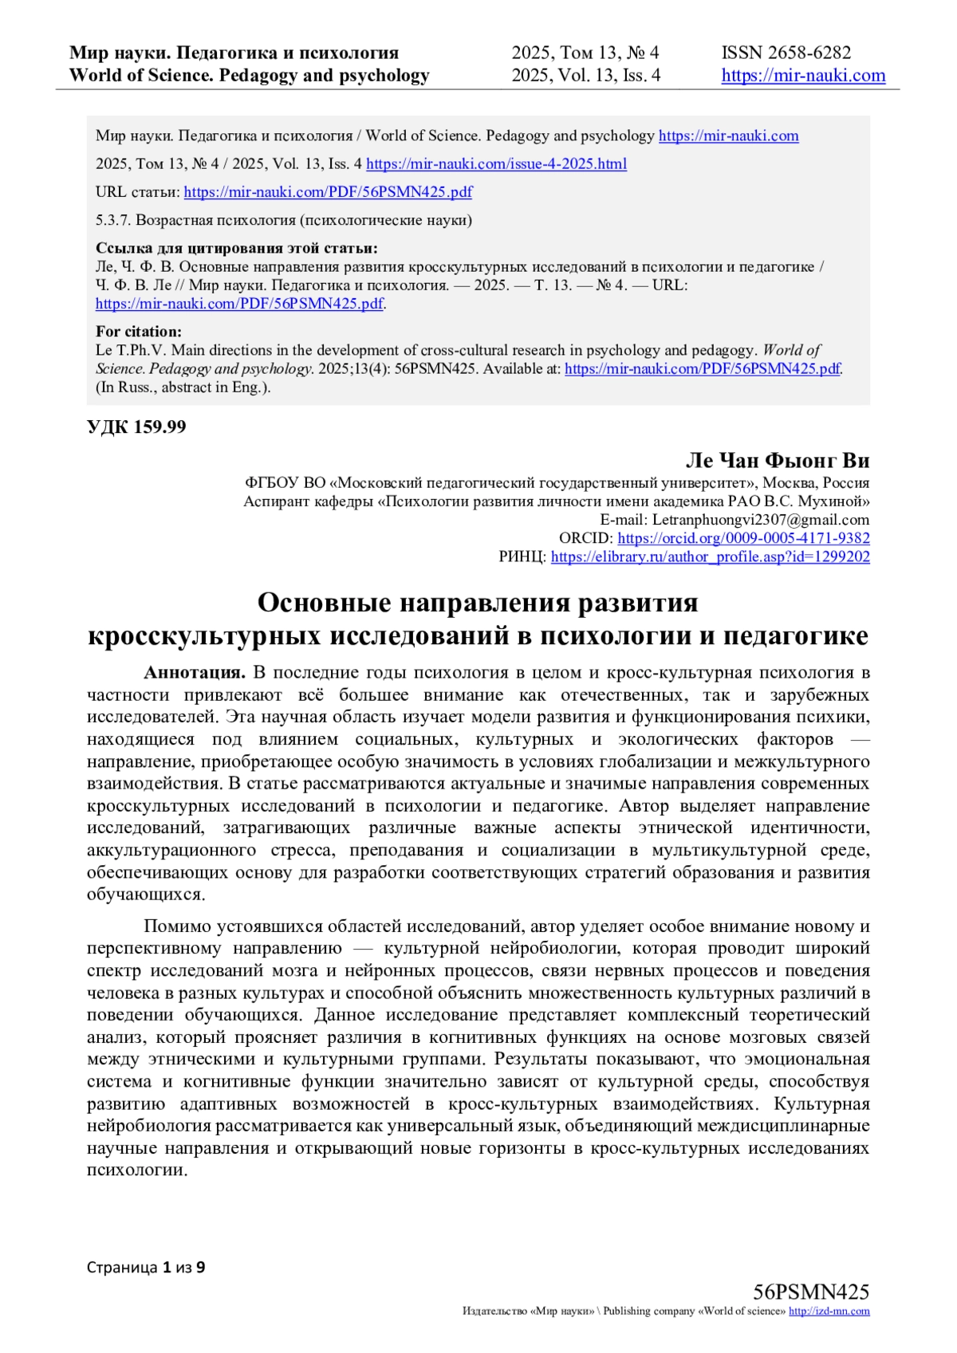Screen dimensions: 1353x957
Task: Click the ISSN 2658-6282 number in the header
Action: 786,53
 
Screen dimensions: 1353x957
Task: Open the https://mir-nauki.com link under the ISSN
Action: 803,76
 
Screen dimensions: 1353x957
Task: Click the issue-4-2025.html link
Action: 496,164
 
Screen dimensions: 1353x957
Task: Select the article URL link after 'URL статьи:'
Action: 328,192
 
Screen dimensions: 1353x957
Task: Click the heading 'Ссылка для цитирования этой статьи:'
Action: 237,248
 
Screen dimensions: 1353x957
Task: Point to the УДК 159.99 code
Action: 136,427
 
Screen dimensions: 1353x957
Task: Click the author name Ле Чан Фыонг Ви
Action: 777,461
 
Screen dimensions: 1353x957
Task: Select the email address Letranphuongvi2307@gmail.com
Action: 761,520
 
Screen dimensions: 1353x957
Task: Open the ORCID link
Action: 743,538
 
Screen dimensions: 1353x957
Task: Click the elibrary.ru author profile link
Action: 710,557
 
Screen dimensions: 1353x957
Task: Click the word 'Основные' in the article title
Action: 323,603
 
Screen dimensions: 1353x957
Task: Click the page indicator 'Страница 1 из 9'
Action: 146,1267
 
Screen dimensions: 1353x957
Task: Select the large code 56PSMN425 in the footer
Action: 810,1292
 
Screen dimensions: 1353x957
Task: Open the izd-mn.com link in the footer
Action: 829,1312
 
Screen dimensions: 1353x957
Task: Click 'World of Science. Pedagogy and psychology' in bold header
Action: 250,76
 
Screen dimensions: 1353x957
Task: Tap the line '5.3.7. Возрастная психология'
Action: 283,220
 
